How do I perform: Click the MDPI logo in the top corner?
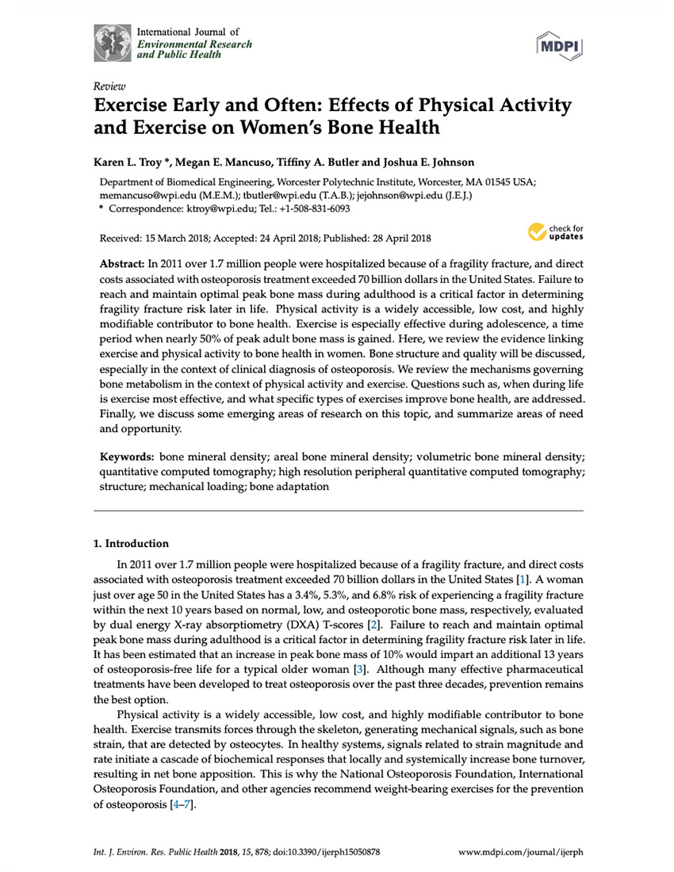click(x=560, y=47)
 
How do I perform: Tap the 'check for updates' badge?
click(x=556, y=231)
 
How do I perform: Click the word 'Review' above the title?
click(x=107, y=86)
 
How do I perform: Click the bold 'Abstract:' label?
click(x=121, y=262)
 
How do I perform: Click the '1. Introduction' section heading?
click(x=131, y=544)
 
